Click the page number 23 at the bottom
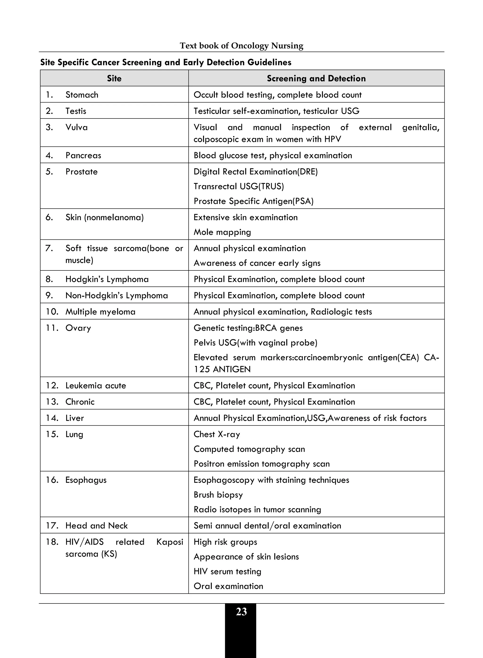(241, 612)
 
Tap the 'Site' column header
(114, 78)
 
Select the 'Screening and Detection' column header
(316, 78)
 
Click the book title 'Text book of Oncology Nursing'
(241, 46)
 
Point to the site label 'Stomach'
(82, 95)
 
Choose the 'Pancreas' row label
(83, 155)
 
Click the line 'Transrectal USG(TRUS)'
(239, 186)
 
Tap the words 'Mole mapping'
(222, 232)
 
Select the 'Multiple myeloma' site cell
(100, 312)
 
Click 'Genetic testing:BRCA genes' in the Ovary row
(248, 328)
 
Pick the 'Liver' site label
(75, 418)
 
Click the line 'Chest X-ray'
(217, 434)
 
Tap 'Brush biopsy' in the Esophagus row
(218, 495)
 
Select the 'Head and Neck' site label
(96, 526)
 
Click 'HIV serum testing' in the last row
(227, 571)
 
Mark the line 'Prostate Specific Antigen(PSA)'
(254, 201)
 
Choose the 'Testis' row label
(76, 111)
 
